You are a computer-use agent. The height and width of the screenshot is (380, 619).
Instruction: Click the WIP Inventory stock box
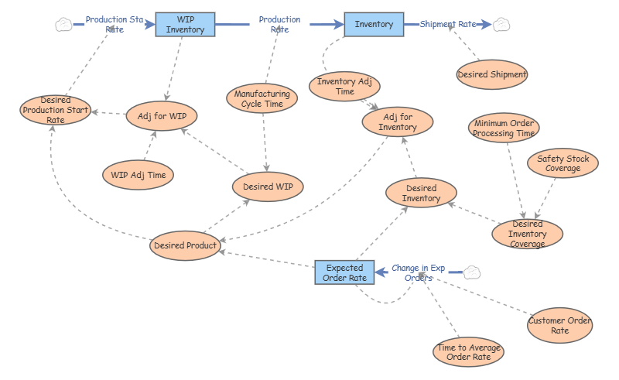coord(185,25)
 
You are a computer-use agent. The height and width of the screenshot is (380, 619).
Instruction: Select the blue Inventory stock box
coord(374,25)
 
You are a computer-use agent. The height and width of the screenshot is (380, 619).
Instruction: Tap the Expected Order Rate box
coord(344,272)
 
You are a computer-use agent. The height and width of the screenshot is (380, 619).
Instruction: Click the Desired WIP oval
coord(268,187)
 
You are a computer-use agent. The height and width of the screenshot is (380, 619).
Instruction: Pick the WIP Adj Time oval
coord(139,175)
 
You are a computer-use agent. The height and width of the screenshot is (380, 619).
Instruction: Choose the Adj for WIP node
coord(162,116)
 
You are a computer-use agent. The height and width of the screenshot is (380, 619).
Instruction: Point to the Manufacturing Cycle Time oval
coord(262,98)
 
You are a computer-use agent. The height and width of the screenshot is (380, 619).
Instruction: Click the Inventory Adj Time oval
coord(344,87)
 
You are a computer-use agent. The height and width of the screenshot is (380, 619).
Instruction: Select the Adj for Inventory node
coord(398,122)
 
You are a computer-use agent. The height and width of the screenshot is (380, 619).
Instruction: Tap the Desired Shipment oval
coord(492,74)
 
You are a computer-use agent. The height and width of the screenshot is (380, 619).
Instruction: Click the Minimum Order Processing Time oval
coord(504,128)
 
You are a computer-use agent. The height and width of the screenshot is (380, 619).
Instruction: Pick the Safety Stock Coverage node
coord(563,163)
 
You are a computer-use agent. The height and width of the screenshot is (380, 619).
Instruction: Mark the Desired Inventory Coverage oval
coord(528,234)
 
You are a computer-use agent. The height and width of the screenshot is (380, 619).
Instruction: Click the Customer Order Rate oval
coord(559,326)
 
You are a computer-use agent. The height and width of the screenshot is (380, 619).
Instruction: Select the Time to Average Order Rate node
coord(469,352)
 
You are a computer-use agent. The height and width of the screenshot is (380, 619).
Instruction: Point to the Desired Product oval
coord(185,245)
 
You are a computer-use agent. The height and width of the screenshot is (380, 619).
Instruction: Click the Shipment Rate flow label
coord(448,24)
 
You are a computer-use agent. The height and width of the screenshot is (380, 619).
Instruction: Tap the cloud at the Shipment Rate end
coord(501,25)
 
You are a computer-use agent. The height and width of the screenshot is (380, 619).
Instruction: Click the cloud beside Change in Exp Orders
coord(472,272)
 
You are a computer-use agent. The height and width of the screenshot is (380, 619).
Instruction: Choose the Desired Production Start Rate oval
coord(55,110)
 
